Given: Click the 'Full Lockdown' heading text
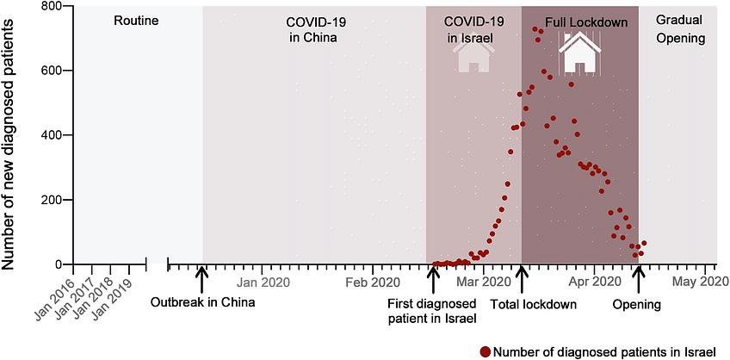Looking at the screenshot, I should click(585, 21).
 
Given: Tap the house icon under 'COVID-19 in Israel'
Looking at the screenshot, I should click(473, 56).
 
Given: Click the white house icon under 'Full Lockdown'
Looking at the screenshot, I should click(578, 53).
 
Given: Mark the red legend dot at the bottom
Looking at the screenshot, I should click(486, 351).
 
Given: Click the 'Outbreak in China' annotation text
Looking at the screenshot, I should click(203, 302).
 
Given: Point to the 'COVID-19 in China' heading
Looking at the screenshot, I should click(311, 29).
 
